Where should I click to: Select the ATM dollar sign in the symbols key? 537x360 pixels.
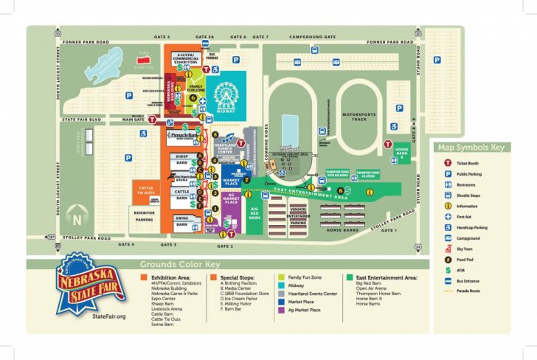(x=447, y=271)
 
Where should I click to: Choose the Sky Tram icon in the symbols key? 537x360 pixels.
(x=447, y=250)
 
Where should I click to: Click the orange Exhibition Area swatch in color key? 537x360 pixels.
(x=143, y=277)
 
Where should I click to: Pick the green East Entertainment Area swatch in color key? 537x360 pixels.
(x=349, y=277)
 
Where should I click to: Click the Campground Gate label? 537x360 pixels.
(x=313, y=36)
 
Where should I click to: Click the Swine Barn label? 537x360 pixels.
(x=181, y=219)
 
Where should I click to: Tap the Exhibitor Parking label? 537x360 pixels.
(x=145, y=215)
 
